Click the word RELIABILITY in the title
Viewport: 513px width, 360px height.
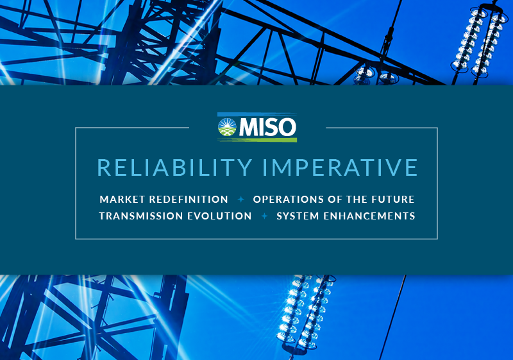pyautogui.click(x=174, y=167)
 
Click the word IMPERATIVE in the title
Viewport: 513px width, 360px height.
pyautogui.click(x=341, y=167)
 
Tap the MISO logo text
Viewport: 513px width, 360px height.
pyautogui.click(x=267, y=127)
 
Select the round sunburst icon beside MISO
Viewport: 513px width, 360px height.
pyautogui.click(x=227, y=127)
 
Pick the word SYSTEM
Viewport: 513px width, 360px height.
pyautogui.click(x=298, y=216)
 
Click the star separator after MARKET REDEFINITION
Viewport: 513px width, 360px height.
pyautogui.click(x=241, y=200)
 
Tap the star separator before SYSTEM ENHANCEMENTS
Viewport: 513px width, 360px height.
pyautogui.click(x=264, y=216)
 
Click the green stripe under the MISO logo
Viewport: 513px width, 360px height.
pyautogui.click(x=257, y=140)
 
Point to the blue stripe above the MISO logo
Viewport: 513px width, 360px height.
pyautogui.click(x=257, y=114)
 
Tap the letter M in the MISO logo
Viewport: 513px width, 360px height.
pyautogui.click(x=249, y=127)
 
